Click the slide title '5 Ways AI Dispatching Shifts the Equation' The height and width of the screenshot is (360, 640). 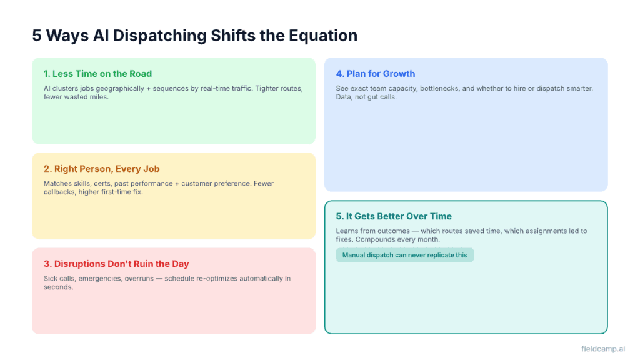click(x=195, y=36)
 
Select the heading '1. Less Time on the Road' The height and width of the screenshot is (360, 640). click(x=97, y=74)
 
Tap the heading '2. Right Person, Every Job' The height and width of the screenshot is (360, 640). click(x=101, y=169)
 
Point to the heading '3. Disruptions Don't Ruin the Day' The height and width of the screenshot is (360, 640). click(x=116, y=264)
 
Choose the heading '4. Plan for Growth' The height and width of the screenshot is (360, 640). click(x=375, y=74)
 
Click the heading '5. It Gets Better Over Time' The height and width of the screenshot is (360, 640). click(x=394, y=216)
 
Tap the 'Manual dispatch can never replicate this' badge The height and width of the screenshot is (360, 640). click(x=404, y=255)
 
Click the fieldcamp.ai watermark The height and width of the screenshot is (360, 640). click(x=602, y=349)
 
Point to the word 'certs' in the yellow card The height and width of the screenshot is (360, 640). click(x=109, y=184)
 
